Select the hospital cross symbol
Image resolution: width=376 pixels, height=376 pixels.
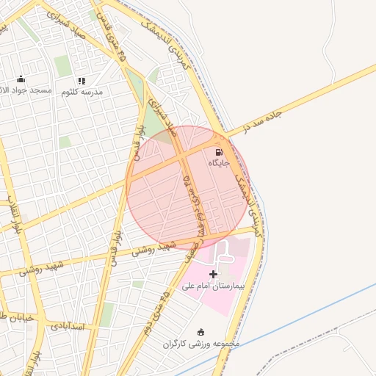point(214,274)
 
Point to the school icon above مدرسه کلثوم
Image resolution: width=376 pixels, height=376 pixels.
point(82,81)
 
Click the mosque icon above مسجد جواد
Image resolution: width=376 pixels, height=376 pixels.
point(21,79)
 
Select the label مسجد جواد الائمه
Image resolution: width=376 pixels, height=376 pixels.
point(25,90)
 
